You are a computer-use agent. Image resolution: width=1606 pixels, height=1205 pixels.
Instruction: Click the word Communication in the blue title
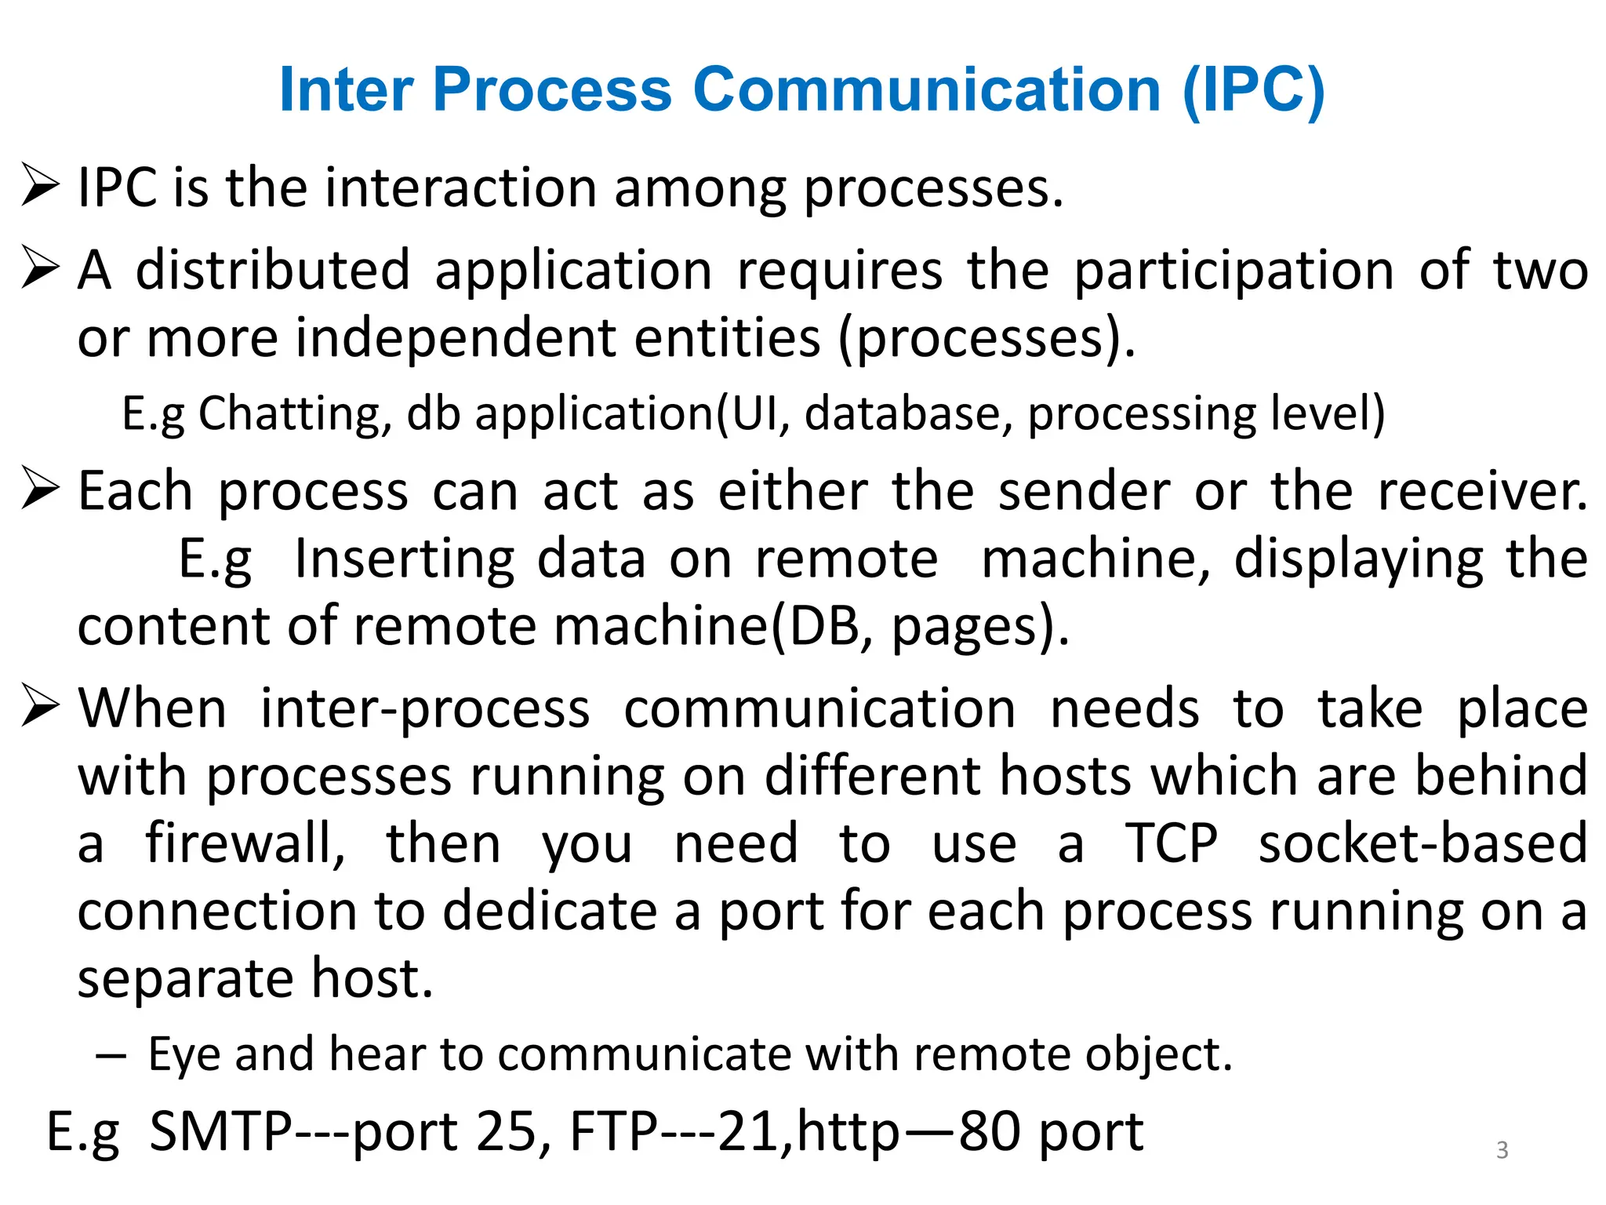pos(926,89)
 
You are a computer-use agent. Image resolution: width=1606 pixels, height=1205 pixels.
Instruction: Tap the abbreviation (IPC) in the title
pos(1253,91)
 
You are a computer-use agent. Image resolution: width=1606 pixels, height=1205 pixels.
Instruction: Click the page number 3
pos(1502,1150)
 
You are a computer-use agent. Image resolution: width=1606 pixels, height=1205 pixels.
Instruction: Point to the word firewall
pos(245,844)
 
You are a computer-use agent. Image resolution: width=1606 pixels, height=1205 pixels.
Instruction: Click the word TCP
pos(1172,844)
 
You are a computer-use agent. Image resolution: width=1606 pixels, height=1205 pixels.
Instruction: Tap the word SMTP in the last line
pos(221,1131)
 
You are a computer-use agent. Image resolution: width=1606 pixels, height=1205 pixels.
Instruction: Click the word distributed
pos(273,270)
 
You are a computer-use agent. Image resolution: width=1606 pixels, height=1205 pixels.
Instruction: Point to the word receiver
pos(1482,492)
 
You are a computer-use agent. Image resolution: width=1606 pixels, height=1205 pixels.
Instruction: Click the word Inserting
pos(404,559)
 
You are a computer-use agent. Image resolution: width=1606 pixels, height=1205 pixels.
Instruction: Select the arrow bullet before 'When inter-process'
pos(41,704)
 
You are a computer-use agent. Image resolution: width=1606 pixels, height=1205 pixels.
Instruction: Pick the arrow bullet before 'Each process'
pos(41,487)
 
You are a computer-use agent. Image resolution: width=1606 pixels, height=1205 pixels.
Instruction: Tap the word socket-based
pos(1423,844)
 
